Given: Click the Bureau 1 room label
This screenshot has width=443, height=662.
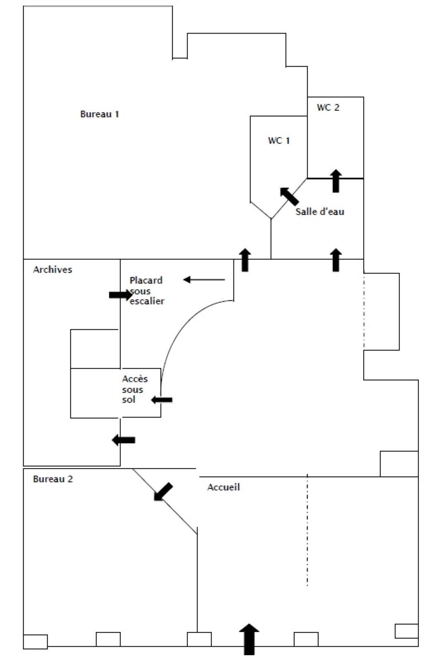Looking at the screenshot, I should pyautogui.click(x=99, y=114).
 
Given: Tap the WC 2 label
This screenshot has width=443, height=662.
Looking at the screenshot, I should pyautogui.click(x=328, y=108).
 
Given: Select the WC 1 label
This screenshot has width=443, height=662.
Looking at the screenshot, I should pyautogui.click(x=279, y=141).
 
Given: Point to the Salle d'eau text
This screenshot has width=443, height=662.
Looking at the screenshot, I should pyautogui.click(x=320, y=212).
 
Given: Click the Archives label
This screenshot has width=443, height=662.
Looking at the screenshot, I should pyautogui.click(x=53, y=270).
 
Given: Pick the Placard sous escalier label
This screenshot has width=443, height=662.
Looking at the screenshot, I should pyautogui.click(x=147, y=291).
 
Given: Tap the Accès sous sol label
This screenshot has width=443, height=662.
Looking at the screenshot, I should pyautogui.click(x=135, y=389).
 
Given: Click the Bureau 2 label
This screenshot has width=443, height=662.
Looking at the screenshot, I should pyautogui.click(x=53, y=479).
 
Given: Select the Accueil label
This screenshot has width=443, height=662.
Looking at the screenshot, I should pyautogui.click(x=224, y=487).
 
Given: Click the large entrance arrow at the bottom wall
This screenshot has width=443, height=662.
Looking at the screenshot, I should pyautogui.click(x=249, y=639).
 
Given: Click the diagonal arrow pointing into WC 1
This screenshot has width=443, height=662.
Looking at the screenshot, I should pyautogui.click(x=289, y=196).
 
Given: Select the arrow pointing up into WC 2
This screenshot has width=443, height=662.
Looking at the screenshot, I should pyautogui.click(x=336, y=181).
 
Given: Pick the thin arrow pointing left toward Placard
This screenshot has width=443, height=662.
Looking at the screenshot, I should pyautogui.click(x=204, y=280).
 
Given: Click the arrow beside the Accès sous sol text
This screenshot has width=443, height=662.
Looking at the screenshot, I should pyautogui.click(x=161, y=400).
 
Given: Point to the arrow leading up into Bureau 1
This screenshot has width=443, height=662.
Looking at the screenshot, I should pyautogui.click(x=245, y=260).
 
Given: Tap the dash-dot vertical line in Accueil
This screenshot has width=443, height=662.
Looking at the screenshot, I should pyautogui.click(x=307, y=530).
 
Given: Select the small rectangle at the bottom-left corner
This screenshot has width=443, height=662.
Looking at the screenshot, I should pyautogui.click(x=35, y=641).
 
